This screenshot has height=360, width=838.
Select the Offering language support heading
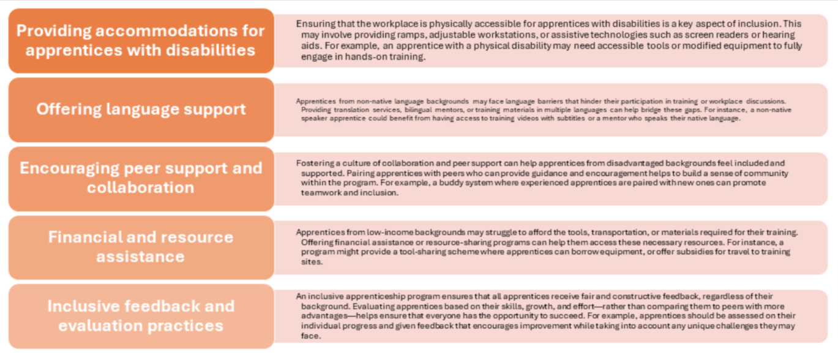[x=141, y=110]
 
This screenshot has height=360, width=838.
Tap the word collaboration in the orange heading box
[x=141, y=187]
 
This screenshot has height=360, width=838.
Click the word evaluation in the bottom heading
[x=102, y=326]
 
